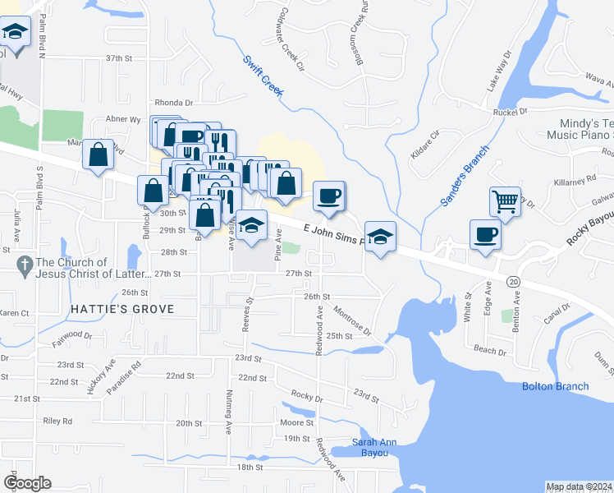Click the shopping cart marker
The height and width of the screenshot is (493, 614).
click(505, 200)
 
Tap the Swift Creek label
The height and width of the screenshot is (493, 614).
click(262, 76)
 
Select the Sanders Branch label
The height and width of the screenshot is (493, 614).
click(464, 175)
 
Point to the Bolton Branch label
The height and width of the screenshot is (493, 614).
click(556, 386)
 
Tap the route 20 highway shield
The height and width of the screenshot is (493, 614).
click(513, 281)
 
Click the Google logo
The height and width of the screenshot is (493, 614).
click(27, 483)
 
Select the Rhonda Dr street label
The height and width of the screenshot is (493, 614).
click(172, 103)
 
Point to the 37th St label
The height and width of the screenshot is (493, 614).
click(119, 58)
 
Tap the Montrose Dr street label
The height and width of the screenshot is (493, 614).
click(353, 320)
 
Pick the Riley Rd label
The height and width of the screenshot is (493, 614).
click(57, 421)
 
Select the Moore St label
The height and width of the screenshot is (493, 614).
click(292, 422)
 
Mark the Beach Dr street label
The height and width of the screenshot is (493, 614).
click(490, 350)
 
